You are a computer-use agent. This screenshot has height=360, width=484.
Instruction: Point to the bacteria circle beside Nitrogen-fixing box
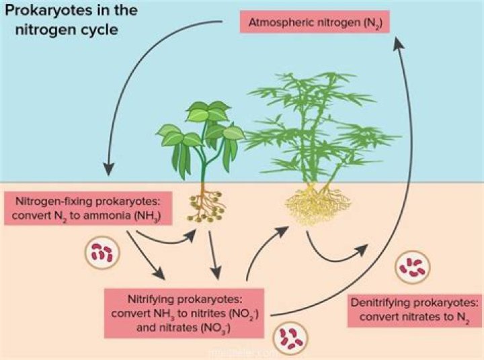[102, 254]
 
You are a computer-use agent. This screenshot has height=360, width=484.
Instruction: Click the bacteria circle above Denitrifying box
[411, 267]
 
